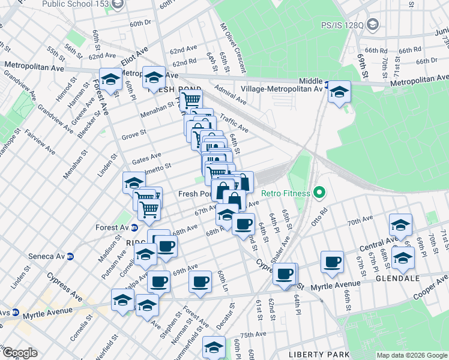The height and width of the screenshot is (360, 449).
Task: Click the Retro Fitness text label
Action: (286, 193)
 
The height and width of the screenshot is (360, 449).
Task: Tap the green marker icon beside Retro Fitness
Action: (319, 193)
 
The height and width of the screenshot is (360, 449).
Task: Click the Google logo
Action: (19, 353)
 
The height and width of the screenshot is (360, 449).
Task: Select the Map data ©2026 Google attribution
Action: (411, 355)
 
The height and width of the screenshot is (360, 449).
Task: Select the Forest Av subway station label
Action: (112, 227)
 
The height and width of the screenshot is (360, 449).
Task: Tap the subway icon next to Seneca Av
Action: (70, 256)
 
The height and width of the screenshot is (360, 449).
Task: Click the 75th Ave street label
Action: (252, 335)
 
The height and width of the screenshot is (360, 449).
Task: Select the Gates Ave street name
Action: (147, 158)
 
